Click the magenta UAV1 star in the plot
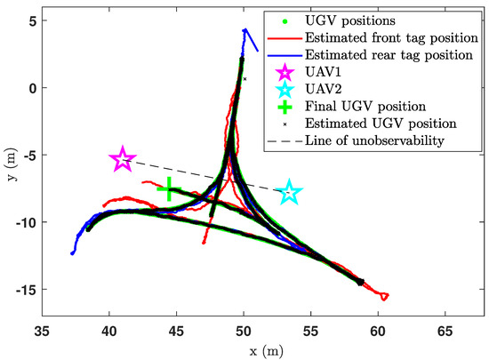point(123,160)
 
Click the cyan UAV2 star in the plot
point(289,193)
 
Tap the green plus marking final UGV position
point(168,189)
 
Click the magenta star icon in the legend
point(283,72)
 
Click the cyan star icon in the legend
point(283,89)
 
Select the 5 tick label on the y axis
point(29,20)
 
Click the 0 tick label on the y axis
point(29,88)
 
